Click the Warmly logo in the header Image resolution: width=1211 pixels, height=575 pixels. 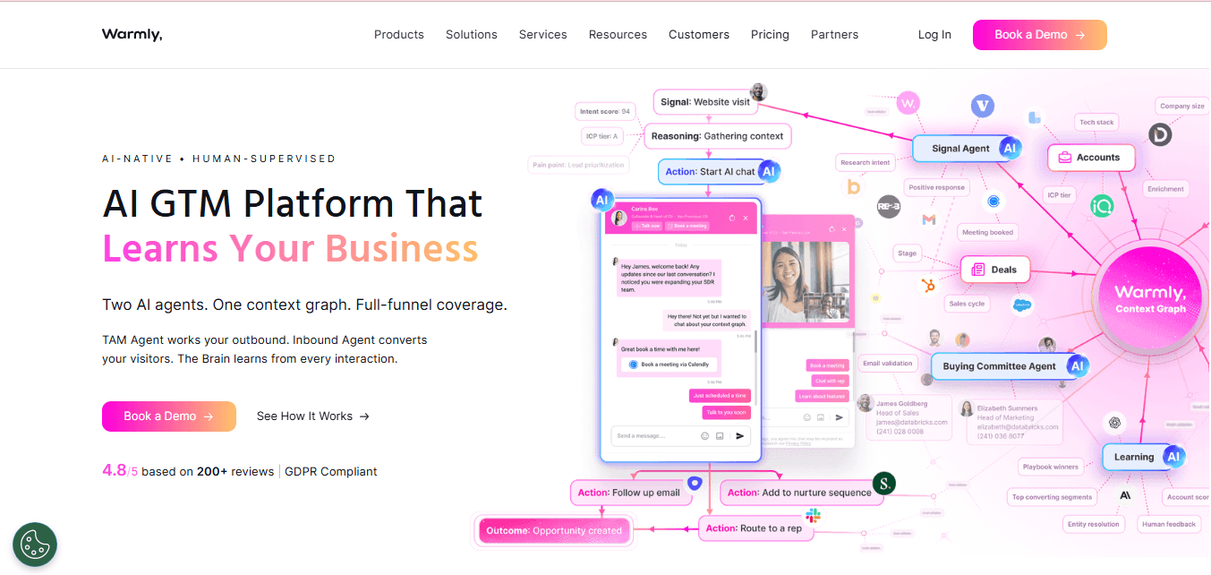coord(132,35)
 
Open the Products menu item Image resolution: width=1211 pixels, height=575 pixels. coord(398,35)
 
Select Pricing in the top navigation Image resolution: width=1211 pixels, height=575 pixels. coord(770,35)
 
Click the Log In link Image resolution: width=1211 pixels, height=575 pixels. coord(934,35)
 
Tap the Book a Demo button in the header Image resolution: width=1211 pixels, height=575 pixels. coord(1039,35)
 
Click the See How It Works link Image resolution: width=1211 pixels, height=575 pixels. coord(312,416)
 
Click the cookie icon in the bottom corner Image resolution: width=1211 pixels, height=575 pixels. coord(35,544)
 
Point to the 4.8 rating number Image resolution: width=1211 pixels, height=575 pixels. coord(115,470)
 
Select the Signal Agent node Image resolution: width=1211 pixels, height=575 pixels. coord(961,149)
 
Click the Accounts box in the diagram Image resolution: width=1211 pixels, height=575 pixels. coord(1090,158)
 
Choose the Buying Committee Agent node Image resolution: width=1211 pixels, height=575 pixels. coord(999,366)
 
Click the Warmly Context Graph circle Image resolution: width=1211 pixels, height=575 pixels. coord(1150,298)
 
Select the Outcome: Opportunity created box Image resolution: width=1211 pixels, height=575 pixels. coord(554,531)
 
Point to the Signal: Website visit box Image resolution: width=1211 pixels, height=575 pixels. coord(705,102)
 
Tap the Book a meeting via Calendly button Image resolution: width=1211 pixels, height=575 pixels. coord(668,365)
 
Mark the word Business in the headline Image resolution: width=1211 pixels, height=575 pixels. coord(401,247)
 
